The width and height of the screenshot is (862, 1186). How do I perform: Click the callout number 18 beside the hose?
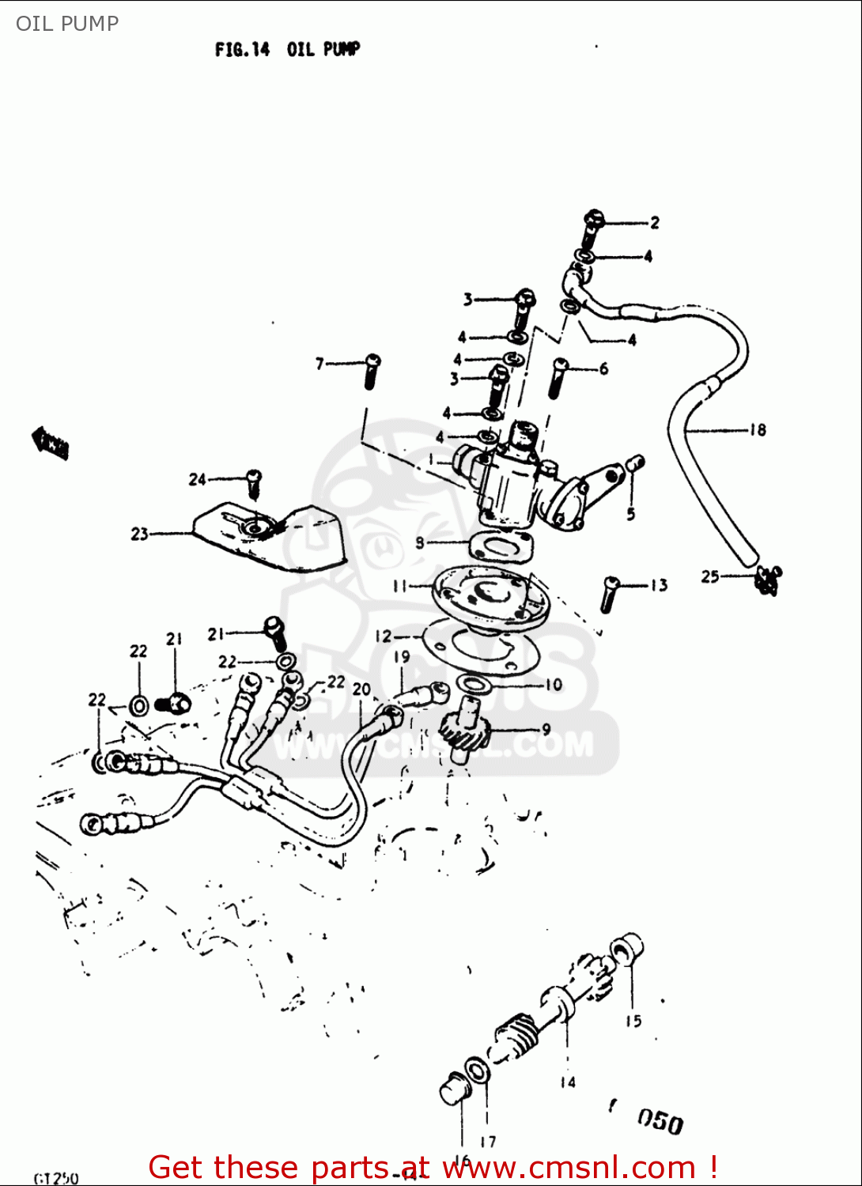click(758, 430)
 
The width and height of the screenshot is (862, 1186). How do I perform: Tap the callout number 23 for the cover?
click(139, 534)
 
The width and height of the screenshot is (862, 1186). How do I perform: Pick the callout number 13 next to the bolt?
click(659, 585)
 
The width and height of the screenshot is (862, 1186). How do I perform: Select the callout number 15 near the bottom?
click(633, 1021)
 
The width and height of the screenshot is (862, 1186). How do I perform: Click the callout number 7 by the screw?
click(319, 364)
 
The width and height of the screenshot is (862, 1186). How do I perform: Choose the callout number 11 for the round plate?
click(399, 586)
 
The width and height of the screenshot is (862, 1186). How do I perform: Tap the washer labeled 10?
click(474, 683)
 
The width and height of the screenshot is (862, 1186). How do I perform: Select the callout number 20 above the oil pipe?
click(361, 689)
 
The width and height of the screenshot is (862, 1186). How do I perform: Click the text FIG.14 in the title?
click(242, 50)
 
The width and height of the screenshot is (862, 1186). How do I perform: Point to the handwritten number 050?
click(660, 1120)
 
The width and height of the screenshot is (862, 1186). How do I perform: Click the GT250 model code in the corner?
click(56, 1178)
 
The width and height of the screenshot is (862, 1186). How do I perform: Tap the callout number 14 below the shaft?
click(567, 1082)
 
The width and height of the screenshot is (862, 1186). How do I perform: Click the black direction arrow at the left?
click(50, 443)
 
